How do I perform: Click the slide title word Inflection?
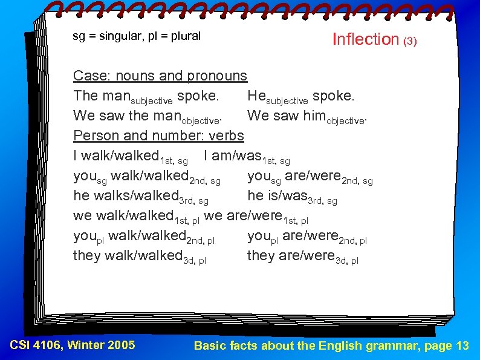click(x=366, y=39)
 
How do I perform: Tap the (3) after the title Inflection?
click(x=410, y=42)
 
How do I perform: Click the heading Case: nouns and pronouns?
click(x=160, y=76)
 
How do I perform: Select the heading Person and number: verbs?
click(x=158, y=135)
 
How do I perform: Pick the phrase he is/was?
click(x=277, y=195)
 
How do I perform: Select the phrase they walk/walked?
click(x=128, y=255)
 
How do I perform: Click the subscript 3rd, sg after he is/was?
click(x=323, y=200)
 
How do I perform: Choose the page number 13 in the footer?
click(x=462, y=345)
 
